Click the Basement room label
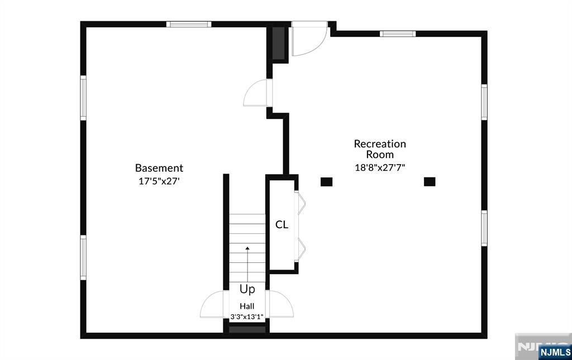point(159,168)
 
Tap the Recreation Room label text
point(380,149)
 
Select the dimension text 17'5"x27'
point(159,181)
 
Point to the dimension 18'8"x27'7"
point(380,167)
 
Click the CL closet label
point(282,224)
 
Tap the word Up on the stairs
point(247,289)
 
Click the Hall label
point(247,306)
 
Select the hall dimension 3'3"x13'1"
point(247,316)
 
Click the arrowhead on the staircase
point(247,248)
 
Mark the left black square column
point(326,182)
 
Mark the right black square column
point(430,181)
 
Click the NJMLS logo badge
point(555,352)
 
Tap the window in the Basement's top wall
point(189,25)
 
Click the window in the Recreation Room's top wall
point(398,34)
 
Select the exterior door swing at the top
point(308,39)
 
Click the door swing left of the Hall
point(212,304)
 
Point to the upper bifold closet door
point(301,203)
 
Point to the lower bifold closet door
point(301,249)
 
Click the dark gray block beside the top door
point(279,43)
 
